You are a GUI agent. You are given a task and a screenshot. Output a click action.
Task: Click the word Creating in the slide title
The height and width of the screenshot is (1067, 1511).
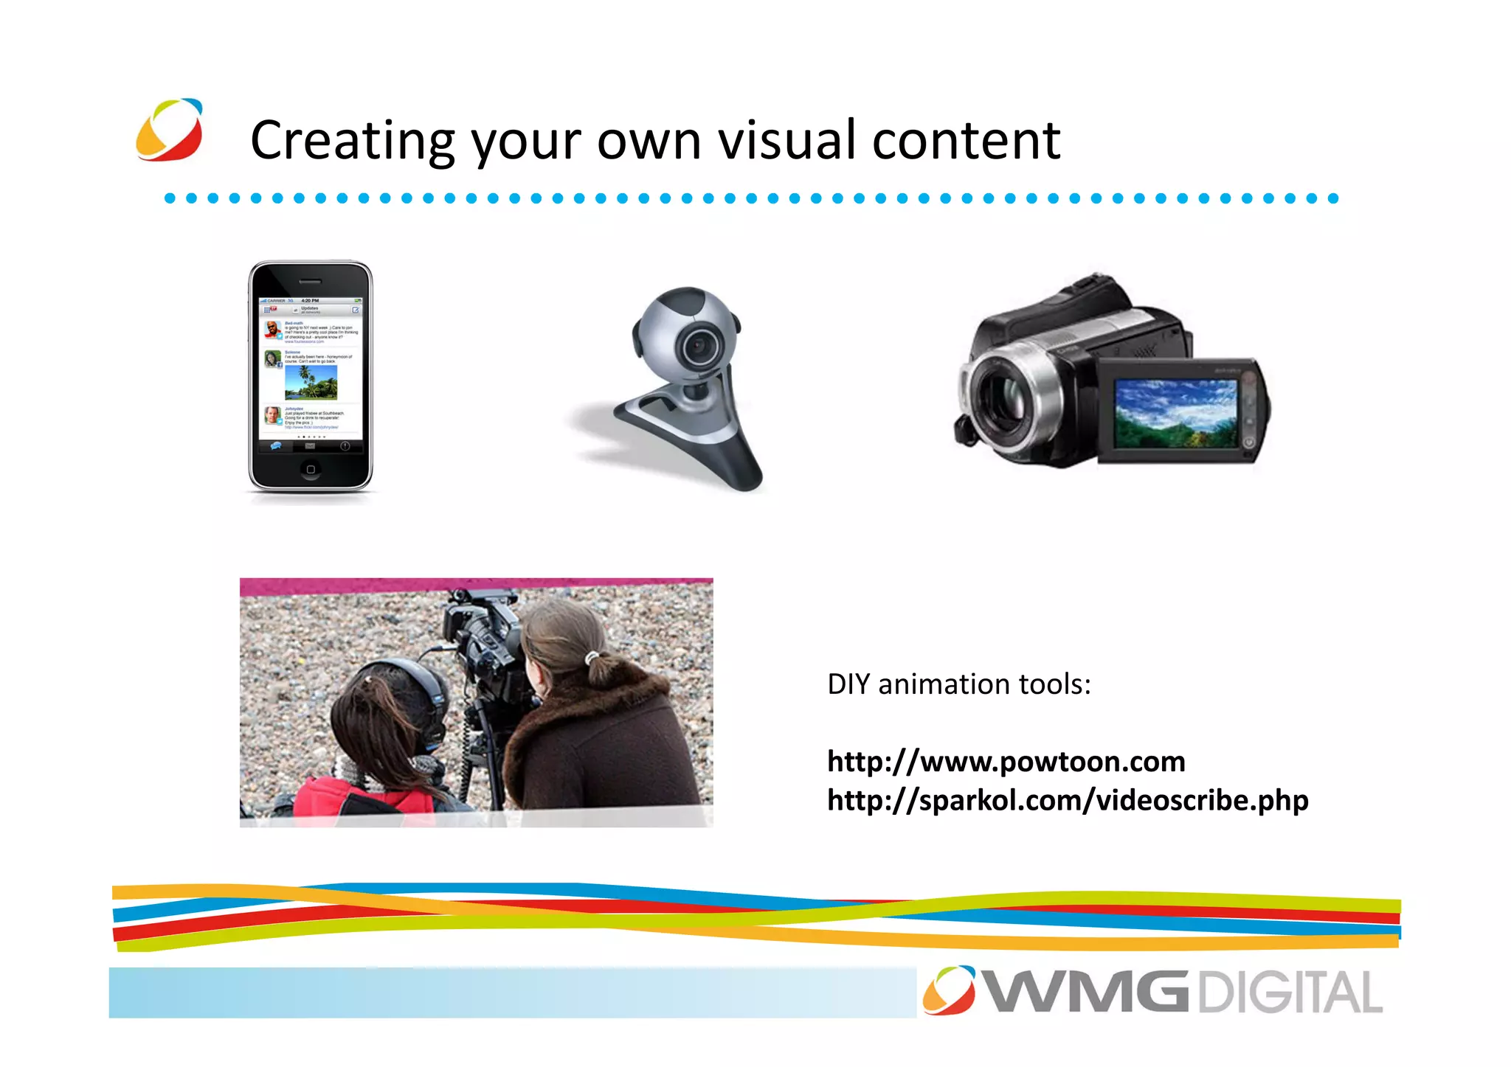[353, 140]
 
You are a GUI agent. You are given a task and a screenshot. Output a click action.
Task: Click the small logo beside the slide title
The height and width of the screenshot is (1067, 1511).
[170, 130]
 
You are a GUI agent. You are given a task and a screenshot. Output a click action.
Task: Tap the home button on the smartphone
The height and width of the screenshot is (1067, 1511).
[311, 469]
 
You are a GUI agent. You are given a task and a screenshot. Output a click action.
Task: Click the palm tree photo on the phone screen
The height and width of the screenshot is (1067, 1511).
[311, 382]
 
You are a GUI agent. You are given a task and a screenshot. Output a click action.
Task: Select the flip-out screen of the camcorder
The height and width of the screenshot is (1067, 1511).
[1176, 413]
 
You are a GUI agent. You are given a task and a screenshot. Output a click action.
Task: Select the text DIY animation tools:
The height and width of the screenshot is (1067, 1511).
[958, 684]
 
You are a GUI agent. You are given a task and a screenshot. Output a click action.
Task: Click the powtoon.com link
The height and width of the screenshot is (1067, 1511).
[1006, 761]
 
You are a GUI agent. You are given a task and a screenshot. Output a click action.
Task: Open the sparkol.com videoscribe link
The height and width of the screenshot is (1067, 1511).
[1068, 800]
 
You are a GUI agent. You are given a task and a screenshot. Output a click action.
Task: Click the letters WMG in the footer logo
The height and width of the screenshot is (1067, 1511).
[1086, 993]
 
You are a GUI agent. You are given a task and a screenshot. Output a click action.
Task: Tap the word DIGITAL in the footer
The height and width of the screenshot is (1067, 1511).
[1290, 993]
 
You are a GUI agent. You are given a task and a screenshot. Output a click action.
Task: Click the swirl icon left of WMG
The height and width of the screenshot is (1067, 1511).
[949, 990]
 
